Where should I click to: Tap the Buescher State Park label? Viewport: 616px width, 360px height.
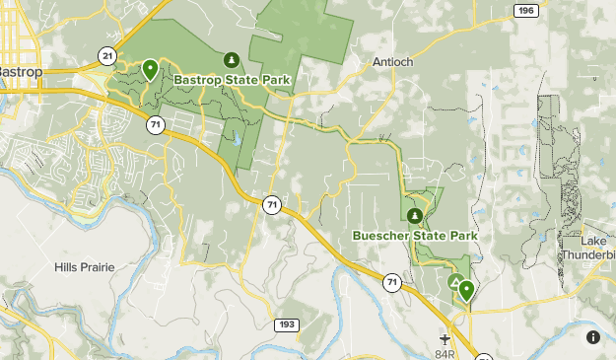[x=415, y=236]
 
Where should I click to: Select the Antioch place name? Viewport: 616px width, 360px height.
[x=393, y=61]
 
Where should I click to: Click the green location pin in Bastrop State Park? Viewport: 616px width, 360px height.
[x=150, y=69]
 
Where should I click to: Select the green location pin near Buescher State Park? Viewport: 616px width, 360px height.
[x=465, y=290]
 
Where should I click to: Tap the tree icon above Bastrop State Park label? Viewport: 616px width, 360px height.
[x=232, y=60]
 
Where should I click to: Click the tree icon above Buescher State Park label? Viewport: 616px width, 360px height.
[x=415, y=215]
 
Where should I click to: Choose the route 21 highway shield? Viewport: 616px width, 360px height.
[x=105, y=55]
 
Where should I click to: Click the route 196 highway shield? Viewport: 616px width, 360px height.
[x=526, y=10]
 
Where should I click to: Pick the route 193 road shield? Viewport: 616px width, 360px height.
[x=287, y=324]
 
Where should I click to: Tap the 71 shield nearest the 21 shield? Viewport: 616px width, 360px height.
[x=155, y=124]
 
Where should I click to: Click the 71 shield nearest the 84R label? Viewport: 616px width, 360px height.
[x=392, y=283]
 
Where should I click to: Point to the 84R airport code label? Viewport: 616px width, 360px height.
[x=445, y=353]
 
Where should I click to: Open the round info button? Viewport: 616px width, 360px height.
[x=593, y=337]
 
